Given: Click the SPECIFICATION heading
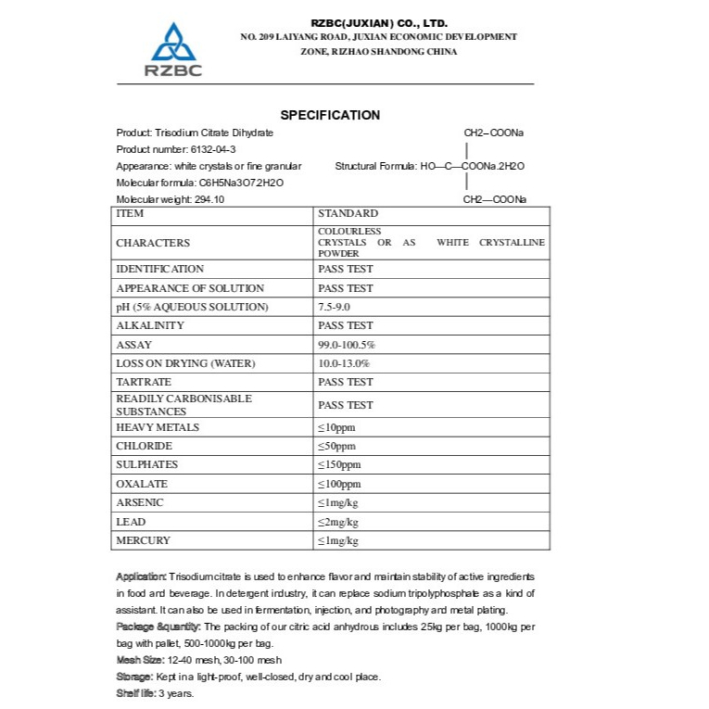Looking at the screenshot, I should pos(330,115).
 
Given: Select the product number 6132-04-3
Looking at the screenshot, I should pos(206,149).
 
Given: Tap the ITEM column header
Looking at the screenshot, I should pos(130,213).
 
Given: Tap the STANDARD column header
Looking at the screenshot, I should pos(348,213).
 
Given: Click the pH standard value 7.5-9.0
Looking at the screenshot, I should pos(336,307).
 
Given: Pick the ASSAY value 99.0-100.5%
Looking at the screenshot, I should pos(347,345).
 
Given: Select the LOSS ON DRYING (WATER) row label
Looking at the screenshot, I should pos(185,363).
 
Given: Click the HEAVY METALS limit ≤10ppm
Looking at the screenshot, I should pos(336,427).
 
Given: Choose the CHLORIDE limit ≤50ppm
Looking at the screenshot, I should pos(336,446).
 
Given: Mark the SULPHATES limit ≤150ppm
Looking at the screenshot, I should pos(339,464).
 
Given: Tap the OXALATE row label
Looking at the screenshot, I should pos(142,484).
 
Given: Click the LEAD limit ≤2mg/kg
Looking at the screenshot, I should pos(337,522).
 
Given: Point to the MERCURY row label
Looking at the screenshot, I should pos(143,540).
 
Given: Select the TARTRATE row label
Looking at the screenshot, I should pos(144,382).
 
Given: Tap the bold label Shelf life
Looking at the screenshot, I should pos(135,693).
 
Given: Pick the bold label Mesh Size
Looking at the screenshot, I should pos(139,660).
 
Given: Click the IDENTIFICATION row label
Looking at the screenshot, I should pos(159,269).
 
